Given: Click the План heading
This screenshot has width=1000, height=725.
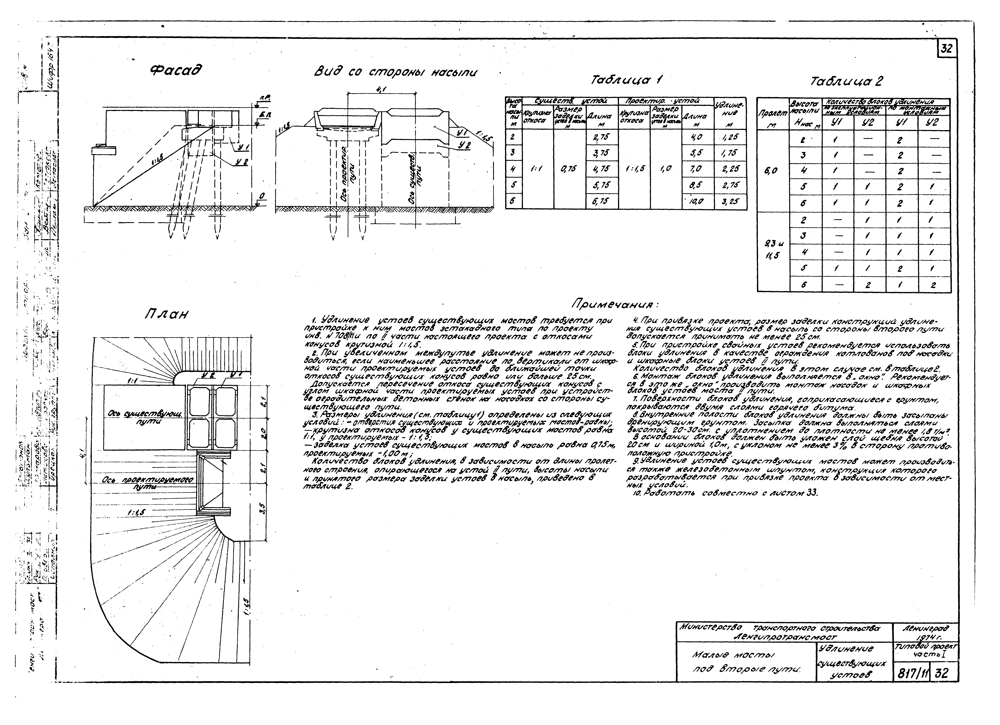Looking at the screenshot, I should [x=167, y=314].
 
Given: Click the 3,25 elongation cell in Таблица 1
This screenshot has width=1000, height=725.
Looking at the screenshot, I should [x=731, y=202].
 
